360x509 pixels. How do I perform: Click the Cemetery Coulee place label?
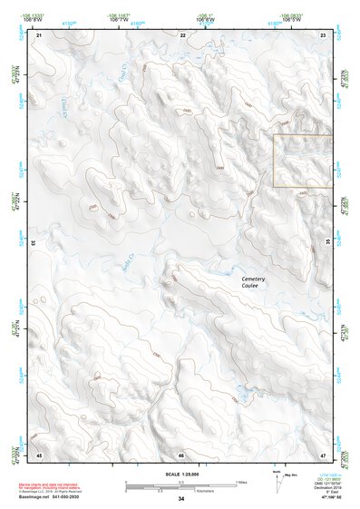pos(253,282)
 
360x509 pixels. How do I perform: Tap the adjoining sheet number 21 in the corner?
pos(40,34)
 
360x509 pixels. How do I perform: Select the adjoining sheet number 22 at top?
pos(182,34)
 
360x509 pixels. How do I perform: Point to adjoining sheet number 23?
pos(323,34)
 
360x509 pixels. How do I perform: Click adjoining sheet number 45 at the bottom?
pos(39,455)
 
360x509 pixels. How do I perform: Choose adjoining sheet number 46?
pos(181,455)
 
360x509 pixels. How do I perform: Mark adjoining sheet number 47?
pos(323,455)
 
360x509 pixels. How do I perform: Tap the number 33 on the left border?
pos(34,244)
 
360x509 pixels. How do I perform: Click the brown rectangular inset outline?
pos(303,162)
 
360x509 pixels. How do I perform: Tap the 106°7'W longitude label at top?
pos(135,18)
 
